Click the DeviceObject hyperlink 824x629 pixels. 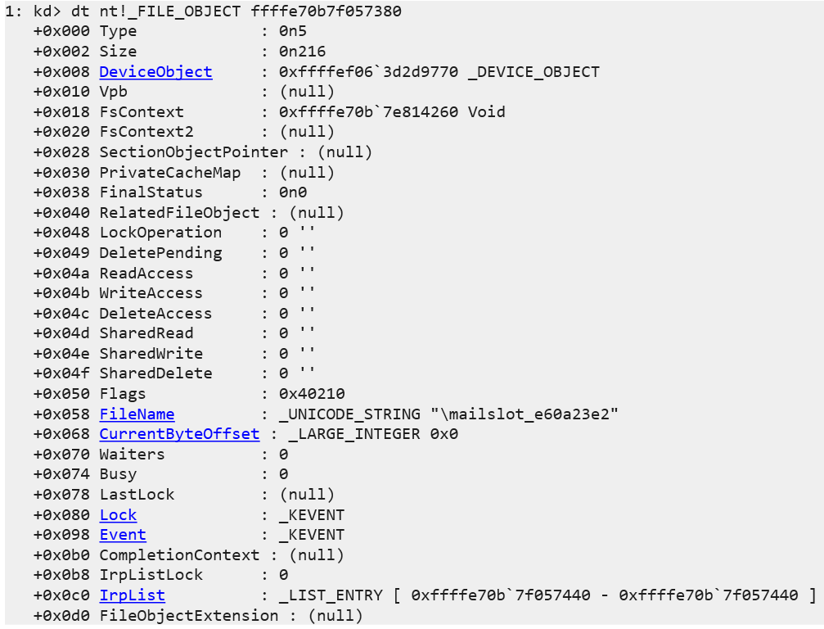[155, 72]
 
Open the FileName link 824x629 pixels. [137, 414]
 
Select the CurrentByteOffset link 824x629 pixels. [179, 434]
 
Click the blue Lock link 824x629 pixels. [118, 515]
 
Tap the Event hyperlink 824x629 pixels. [123, 535]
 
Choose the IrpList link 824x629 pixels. [132, 595]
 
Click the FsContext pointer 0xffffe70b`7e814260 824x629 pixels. [370, 112]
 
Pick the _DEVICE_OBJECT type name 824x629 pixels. [534, 72]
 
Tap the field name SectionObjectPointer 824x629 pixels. [193, 152]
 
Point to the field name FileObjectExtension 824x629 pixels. [188, 616]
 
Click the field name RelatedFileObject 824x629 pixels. [179, 213]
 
